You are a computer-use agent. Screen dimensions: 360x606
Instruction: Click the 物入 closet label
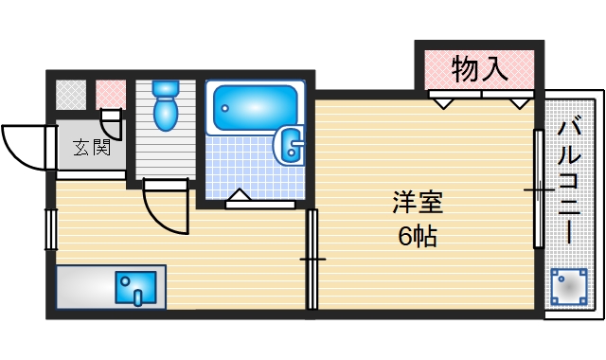479,68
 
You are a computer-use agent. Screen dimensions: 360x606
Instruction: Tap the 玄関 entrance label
92,147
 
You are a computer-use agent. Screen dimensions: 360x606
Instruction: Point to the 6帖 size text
418,237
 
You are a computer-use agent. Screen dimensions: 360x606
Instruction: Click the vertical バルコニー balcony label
570,180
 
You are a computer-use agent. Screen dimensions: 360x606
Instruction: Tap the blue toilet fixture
166,104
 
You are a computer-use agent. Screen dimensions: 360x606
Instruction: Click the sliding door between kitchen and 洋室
312,258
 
